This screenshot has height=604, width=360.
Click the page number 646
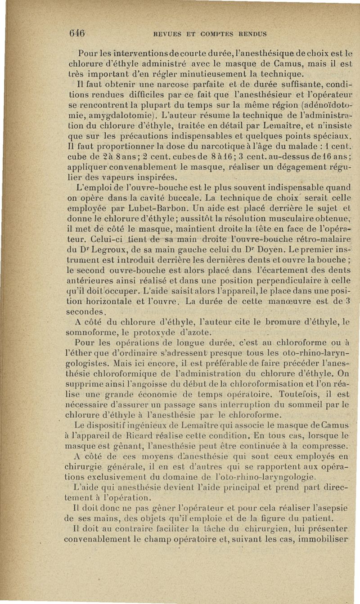[77, 32]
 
